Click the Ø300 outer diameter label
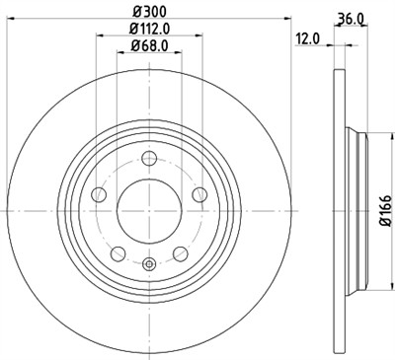tap(148, 10)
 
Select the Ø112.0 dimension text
tap(148, 29)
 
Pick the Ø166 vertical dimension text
tap(386, 210)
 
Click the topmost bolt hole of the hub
tap(148, 158)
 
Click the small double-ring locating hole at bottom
tap(148, 262)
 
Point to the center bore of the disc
tap(148, 209)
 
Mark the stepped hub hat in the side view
tap(355, 209)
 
